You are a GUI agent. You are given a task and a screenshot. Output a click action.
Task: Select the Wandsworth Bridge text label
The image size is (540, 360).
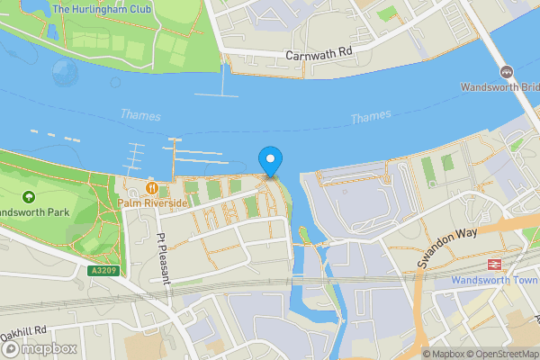click(500, 87)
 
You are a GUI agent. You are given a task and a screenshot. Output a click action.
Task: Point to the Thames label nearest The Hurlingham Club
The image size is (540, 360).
click(139, 115)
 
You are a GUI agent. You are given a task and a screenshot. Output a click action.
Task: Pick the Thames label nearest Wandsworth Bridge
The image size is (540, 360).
click(371, 117)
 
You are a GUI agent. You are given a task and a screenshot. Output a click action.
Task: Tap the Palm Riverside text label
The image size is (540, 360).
click(153, 203)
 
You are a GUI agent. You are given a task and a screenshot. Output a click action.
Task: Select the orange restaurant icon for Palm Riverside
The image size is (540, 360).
click(152, 188)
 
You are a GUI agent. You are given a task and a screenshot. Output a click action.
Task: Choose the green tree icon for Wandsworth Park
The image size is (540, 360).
click(28, 196)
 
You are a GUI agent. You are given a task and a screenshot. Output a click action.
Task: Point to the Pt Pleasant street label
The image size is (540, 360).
click(163, 259)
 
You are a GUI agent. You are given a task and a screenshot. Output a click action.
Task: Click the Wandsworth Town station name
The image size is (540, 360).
click(494, 280)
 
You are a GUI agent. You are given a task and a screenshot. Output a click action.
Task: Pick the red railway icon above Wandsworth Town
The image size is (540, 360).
click(493, 264)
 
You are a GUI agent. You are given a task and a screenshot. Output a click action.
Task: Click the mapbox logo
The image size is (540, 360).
click(39, 348)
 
